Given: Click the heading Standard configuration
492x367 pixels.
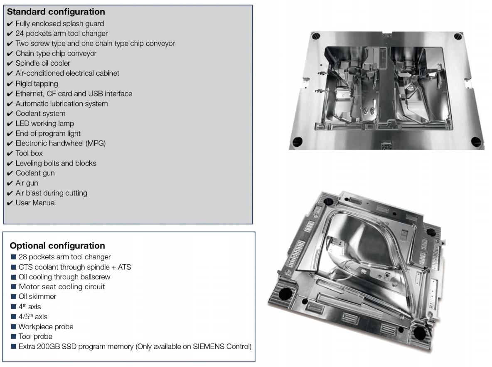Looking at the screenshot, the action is tap(56, 12).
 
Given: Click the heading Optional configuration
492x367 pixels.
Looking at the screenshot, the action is tap(57, 246).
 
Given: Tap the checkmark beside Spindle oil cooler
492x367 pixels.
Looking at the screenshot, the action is tap(10, 64).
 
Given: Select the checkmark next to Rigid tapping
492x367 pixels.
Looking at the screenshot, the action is tap(10, 84).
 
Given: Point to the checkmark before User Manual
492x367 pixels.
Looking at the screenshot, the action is tap(10, 203).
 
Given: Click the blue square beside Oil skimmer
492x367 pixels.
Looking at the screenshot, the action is tap(13, 297).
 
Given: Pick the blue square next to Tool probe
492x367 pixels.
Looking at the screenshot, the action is tap(13, 337).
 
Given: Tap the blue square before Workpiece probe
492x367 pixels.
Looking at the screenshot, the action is tap(13, 327).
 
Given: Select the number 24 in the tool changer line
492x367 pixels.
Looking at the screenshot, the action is tap(20, 34).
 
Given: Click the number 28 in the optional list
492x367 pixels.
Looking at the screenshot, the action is tap(22, 257).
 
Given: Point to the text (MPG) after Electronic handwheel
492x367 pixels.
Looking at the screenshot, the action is tap(96, 143).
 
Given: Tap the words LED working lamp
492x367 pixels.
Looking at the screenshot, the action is tap(45, 124).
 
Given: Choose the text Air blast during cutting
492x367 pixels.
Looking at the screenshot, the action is tap(52, 193).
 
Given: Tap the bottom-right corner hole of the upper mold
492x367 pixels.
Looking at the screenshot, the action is tap(476, 142).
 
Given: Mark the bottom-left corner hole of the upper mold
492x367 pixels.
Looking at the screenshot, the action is tap(298, 142).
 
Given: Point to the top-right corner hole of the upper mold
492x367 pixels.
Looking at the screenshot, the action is tap(458, 36).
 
